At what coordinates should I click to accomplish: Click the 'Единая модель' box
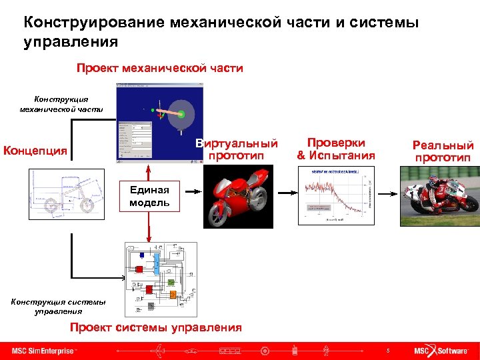[x=149, y=196]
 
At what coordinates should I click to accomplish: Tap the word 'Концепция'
[x=35, y=151]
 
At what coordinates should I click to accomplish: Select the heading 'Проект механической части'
[x=159, y=68]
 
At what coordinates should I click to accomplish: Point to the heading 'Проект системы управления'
[x=156, y=327]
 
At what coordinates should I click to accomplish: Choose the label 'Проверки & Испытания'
[x=336, y=149]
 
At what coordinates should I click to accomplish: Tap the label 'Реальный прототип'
[x=443, y=151]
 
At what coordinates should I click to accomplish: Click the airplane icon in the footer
[x=159, y=351]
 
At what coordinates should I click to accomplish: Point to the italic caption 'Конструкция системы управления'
[x=58, y=306]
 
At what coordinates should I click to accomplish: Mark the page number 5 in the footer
[x=387, y=351]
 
